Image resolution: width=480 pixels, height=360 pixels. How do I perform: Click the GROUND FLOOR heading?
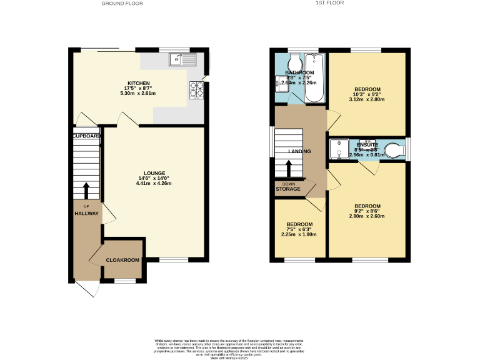(122, 4)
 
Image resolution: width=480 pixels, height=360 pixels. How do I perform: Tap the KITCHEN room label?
(139, 82)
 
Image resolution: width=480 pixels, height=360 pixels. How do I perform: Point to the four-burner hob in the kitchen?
(197, 91)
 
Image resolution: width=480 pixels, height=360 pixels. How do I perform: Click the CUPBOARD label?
(86, 136)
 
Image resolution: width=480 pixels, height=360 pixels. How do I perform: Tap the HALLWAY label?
(87, 213)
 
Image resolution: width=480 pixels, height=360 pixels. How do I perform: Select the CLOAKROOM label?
(122, 259)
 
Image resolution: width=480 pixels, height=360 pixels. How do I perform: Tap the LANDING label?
(299, 152)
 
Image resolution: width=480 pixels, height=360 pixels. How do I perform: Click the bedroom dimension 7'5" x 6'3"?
(299, 229)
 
